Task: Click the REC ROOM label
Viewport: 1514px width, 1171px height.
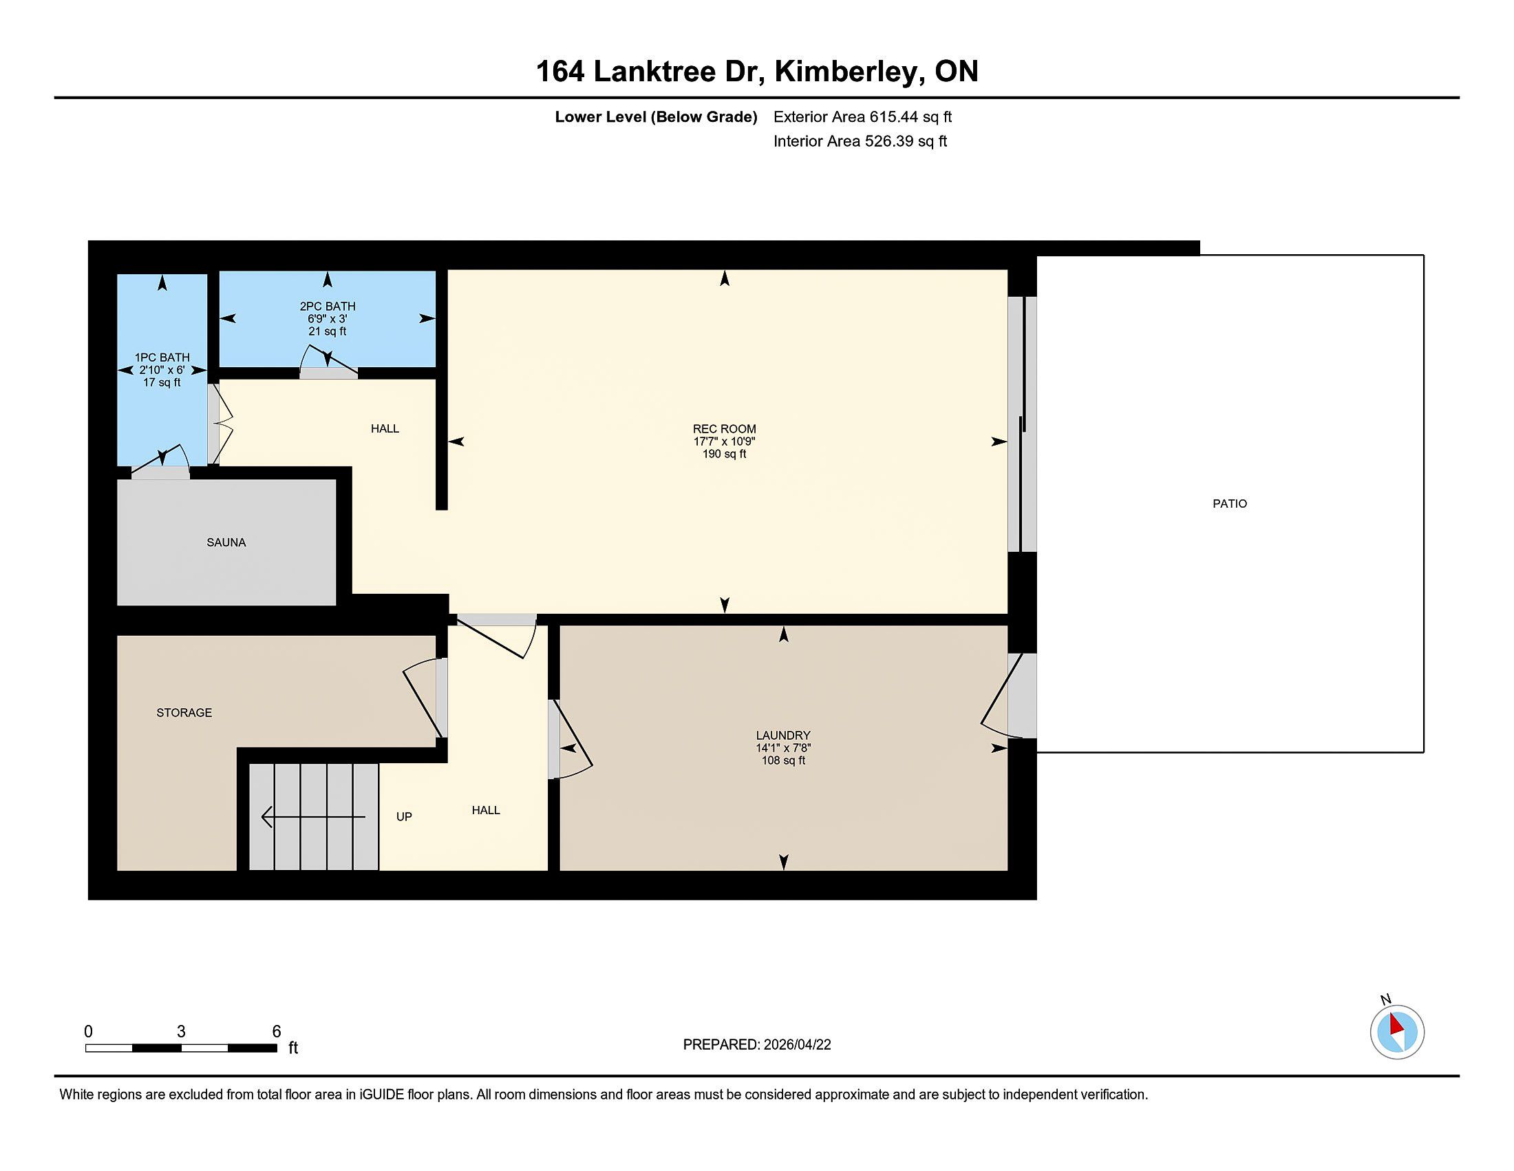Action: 725,428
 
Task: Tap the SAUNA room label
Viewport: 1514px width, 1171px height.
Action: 226,543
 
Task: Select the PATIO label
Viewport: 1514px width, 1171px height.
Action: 1230,504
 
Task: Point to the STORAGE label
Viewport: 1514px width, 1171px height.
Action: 184,712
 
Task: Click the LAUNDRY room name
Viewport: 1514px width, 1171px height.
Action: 783,736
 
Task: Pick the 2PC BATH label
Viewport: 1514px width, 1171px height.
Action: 327,306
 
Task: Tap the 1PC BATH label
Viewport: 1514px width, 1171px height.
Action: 162,358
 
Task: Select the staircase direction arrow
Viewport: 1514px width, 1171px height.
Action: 313,817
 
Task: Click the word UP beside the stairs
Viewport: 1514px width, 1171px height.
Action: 404,816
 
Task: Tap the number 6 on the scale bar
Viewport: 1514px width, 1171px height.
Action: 277,1032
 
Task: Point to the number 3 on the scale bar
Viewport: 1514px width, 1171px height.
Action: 181,1032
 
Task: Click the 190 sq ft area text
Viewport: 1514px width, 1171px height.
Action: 725,455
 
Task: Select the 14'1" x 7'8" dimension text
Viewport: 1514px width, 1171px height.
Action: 783,748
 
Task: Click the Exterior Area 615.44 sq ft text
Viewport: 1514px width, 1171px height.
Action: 862,116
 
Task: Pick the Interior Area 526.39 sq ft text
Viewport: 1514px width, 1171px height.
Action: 860,141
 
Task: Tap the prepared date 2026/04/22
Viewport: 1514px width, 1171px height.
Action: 796,1045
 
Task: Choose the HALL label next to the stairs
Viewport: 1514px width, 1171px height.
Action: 486,810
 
